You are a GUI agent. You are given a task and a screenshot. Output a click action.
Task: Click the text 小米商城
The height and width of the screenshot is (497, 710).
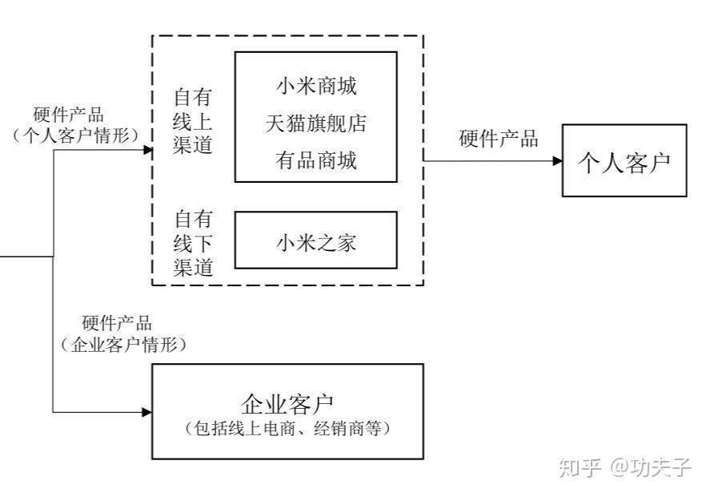(315, 86)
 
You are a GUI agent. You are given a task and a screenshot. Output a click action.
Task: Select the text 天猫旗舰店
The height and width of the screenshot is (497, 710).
(315, 123)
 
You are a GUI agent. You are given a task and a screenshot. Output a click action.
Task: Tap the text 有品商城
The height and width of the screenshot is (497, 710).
(315, 160)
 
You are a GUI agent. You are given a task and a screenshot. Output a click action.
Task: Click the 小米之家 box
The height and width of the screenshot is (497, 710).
(315, 240)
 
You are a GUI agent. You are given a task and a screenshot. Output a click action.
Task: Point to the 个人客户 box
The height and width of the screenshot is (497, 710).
(624, 160)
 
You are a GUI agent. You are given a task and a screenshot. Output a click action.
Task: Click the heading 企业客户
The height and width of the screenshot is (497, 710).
(287, 402)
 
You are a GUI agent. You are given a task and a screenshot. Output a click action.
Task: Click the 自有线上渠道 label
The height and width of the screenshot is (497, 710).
(193, 122)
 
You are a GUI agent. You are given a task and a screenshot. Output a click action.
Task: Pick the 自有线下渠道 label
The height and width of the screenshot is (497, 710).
(193, 242)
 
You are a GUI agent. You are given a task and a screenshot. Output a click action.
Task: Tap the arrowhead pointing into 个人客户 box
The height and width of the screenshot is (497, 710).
(557, 160)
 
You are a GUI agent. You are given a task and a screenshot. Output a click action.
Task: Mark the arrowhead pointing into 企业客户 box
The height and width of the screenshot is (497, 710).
(146, 412)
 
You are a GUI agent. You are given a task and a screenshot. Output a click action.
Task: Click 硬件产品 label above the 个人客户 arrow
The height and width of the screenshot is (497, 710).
(498, 138)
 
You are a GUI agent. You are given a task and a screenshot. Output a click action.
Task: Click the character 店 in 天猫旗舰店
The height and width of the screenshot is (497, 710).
(355, 123)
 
